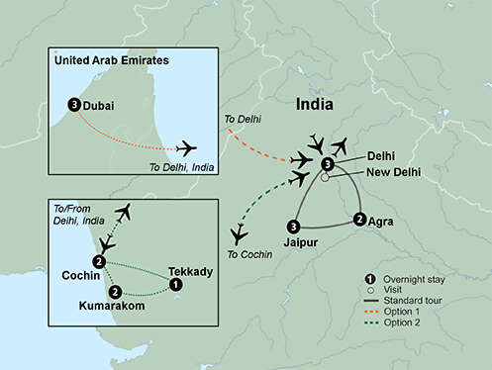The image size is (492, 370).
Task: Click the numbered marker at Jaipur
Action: pyautogui.click(x=293, y=226)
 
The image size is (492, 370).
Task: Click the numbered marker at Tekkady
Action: pyautogui.click(x=176, y=285)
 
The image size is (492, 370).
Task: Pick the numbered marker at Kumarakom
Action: pyautogui.click(x=116, y=292)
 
